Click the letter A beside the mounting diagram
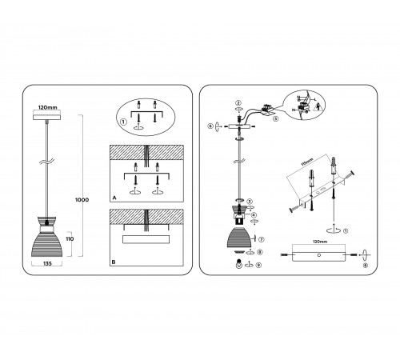click(x=116, y=195)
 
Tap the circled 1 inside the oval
click(x=122, y=122)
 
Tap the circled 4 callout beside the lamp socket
click(x=254, y=214)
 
